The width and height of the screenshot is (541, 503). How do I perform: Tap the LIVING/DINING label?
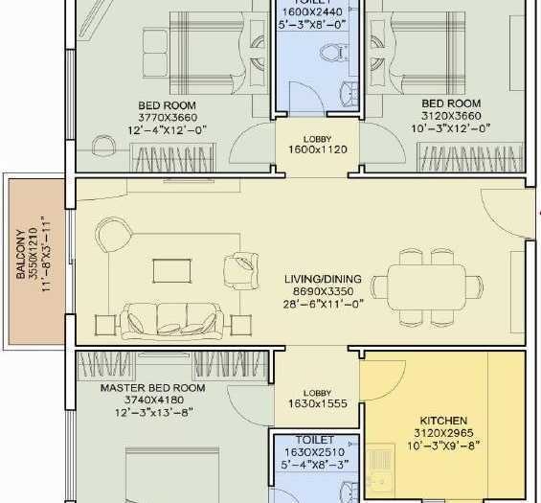(321, 281)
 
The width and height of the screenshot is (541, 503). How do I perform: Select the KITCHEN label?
(443, 421)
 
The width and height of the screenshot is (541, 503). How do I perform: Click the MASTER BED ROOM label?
(153, 388)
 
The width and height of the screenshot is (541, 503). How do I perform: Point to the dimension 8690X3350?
(321, 293)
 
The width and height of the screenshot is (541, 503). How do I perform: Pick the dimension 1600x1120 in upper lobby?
(317, 150)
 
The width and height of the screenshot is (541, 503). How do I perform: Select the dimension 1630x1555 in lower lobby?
(317, 404)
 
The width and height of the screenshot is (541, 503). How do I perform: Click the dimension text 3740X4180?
(153, 400)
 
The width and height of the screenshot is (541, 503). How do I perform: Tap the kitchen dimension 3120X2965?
(443, 433)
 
